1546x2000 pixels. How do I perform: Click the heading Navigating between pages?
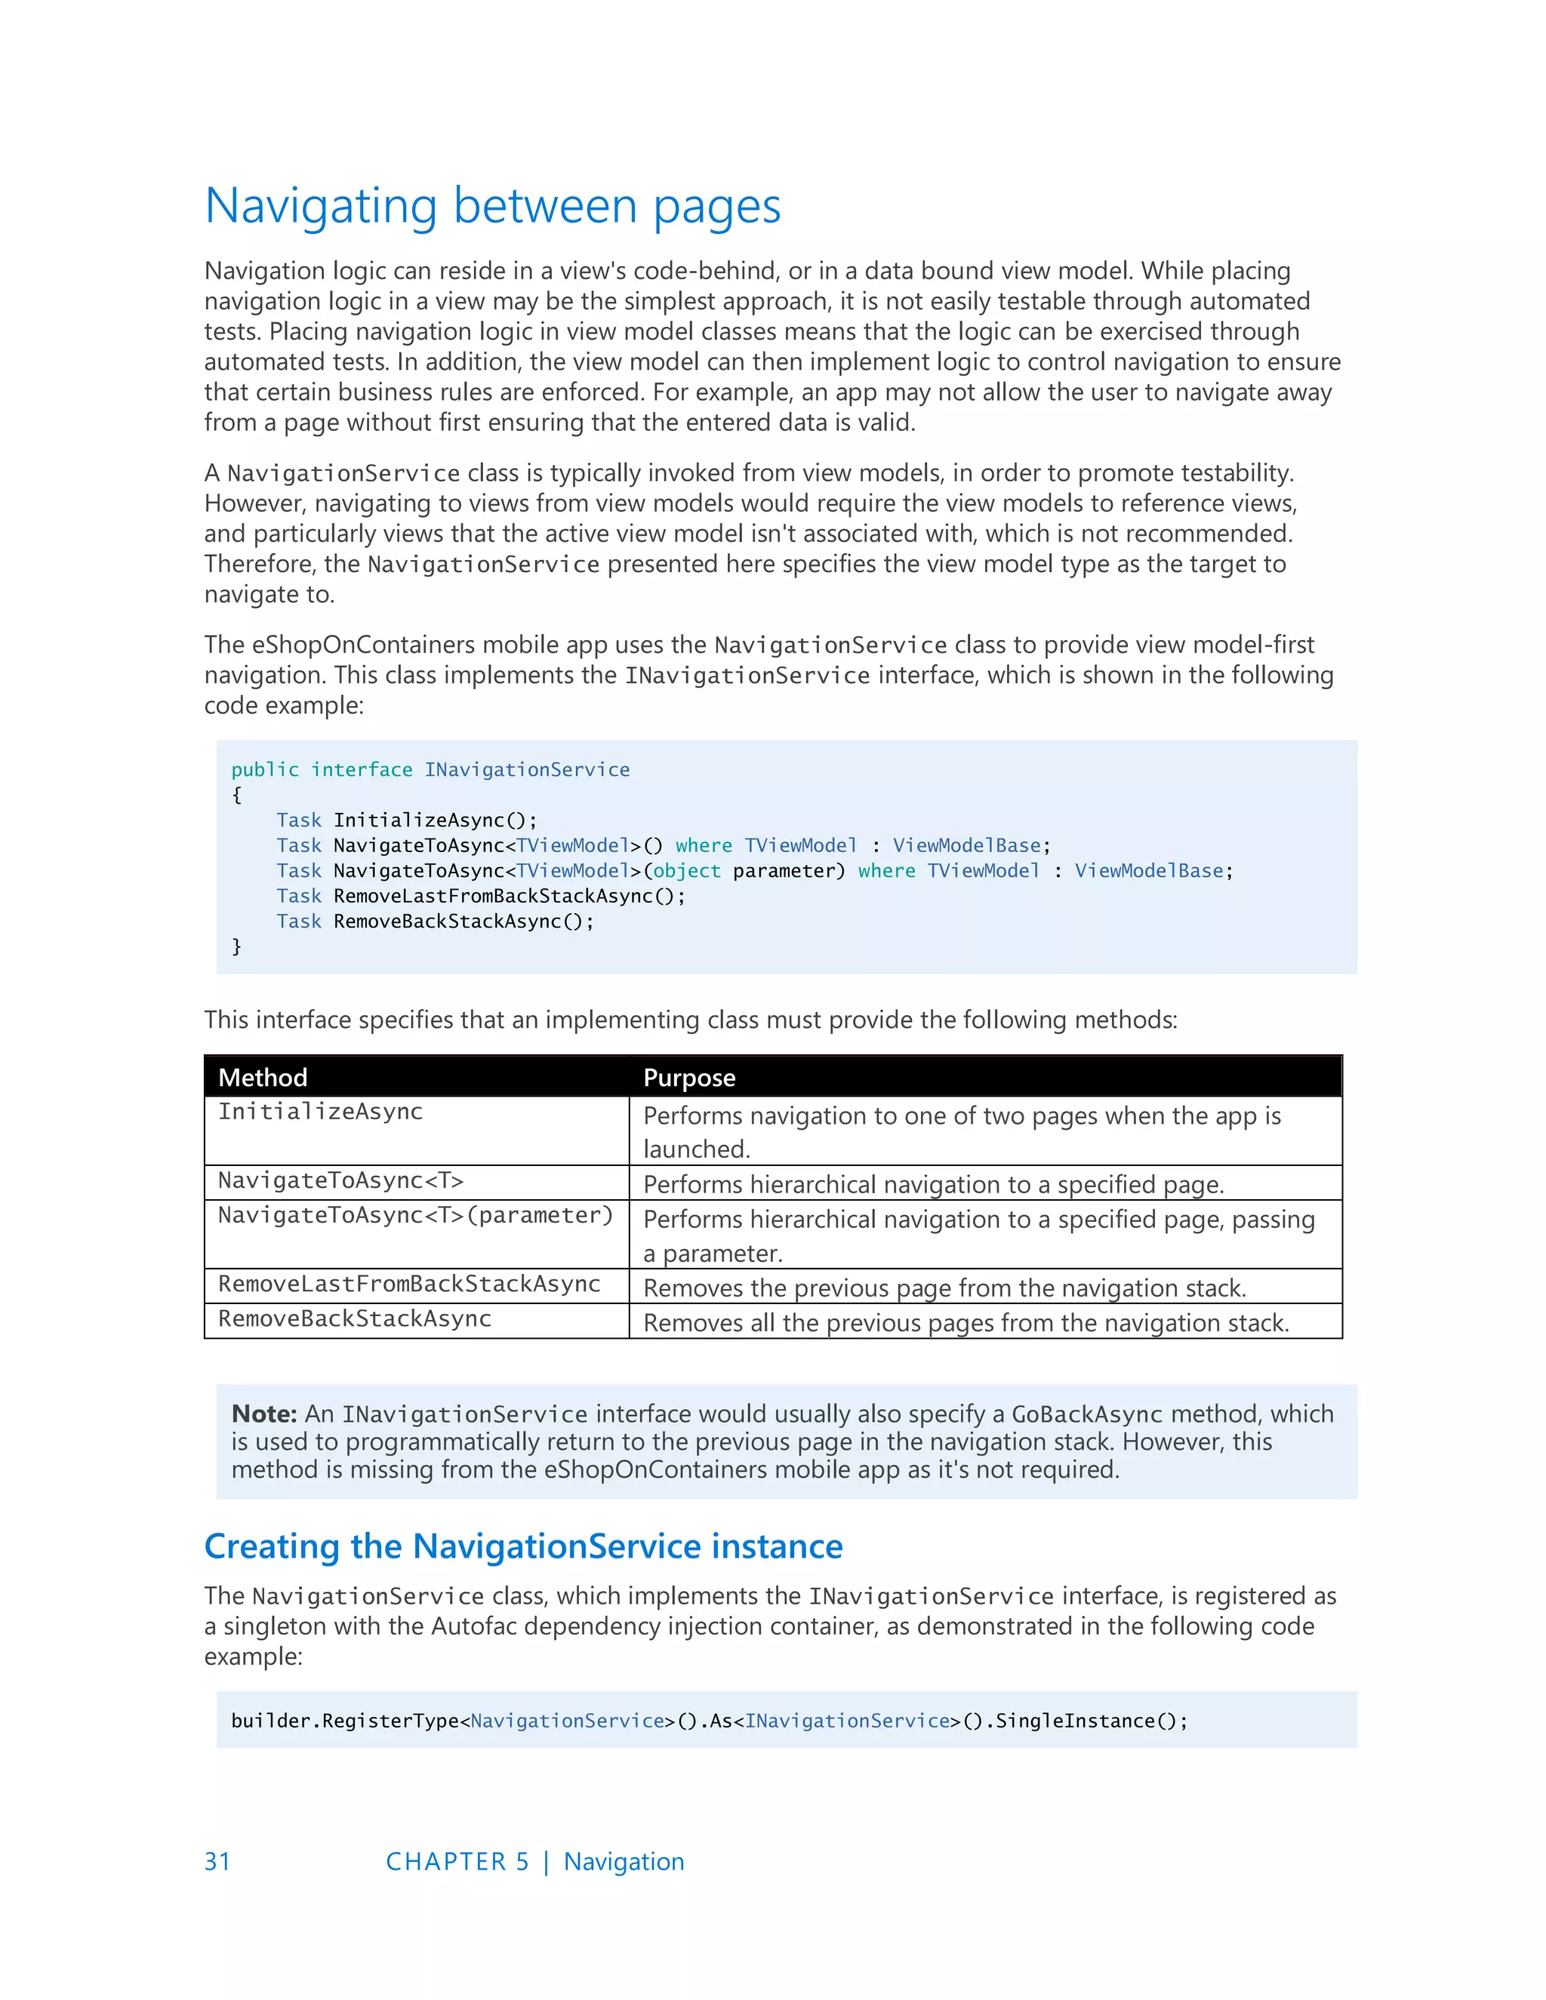pos(492,206)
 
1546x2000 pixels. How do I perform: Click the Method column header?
pos(263,1077)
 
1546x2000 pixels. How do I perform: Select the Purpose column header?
pos(688,1077)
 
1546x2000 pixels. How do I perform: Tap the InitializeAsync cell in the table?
pos(321,1112)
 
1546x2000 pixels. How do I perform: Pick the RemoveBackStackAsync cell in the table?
pos(355,1318)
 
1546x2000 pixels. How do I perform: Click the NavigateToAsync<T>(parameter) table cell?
pos(415,1215)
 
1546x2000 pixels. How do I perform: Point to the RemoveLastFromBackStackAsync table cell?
pos(408,1284)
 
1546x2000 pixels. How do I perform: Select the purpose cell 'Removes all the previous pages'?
pos(965,1322)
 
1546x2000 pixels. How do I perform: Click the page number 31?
pos(217,1862)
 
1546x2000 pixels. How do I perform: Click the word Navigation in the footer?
pos(624,1862)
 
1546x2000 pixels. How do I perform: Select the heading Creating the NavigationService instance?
pos(523,1546)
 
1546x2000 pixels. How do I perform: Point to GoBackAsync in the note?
pos(1086,1415)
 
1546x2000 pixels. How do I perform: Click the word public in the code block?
pos(265,769)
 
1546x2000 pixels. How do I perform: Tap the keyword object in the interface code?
pos(687,871)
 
